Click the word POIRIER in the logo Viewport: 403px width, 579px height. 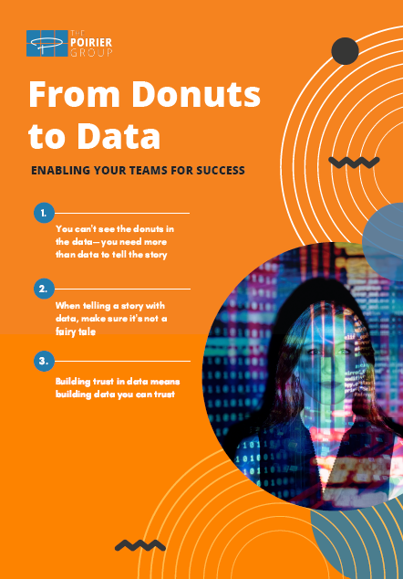click(91, 42)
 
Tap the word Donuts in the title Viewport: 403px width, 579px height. click(196, 94)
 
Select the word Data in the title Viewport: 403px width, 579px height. click(119, 136)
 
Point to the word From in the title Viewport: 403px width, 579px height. click(74, 94)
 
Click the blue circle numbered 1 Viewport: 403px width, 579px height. click(44, 213)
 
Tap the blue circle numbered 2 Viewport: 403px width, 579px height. click(44, 289)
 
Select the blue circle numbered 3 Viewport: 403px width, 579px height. click(44, 361)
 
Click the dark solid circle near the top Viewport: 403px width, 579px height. click(346, 51)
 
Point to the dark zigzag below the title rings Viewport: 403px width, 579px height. click(354, 163)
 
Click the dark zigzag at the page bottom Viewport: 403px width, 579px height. click(140, 545)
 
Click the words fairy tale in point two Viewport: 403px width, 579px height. click(76, 332)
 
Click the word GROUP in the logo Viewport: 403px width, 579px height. click(91, 52)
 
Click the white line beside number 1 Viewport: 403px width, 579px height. click(122, 213)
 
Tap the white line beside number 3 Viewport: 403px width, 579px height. click(122, 361)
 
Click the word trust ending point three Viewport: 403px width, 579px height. click(164, 395)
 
